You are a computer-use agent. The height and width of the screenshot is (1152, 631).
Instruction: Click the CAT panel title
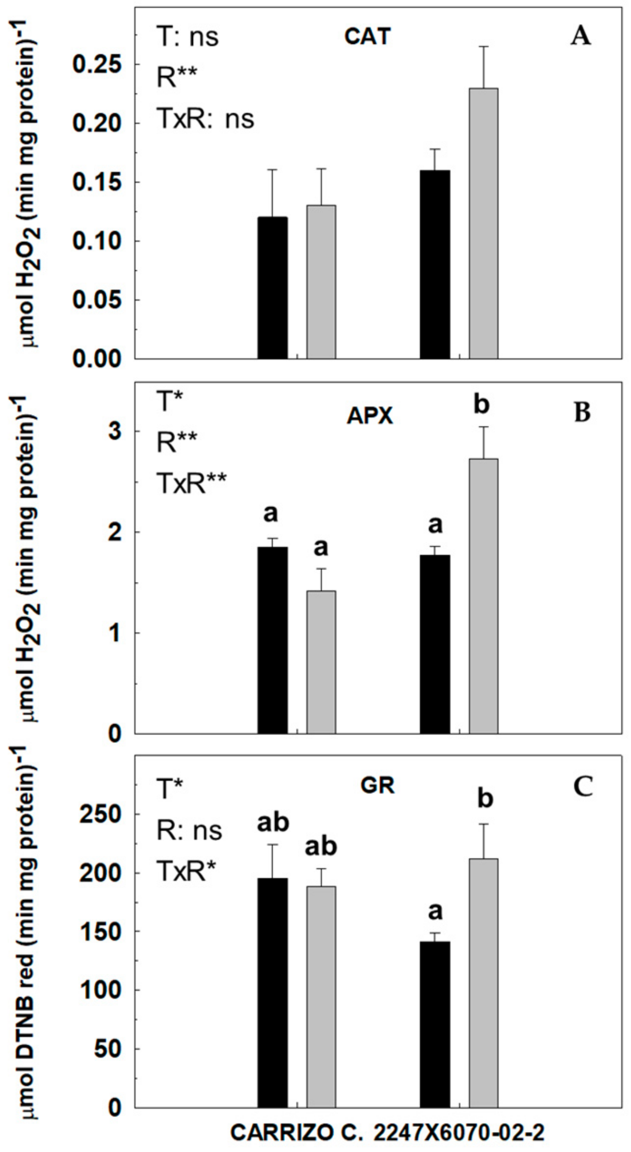click(x=367, y=36)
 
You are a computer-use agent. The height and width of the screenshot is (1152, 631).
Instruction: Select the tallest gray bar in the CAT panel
click(x=483, y=223)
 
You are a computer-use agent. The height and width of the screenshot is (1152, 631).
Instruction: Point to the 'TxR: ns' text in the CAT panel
click(x=206, y=119)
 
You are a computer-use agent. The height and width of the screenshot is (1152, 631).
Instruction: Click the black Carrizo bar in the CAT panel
click(x=273, y=288)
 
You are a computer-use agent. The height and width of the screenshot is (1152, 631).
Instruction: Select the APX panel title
click(x=370, y=416)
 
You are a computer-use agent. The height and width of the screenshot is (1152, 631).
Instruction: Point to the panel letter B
click(x=582, y=413)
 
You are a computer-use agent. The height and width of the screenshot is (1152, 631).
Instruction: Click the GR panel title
click(x=377, y=786)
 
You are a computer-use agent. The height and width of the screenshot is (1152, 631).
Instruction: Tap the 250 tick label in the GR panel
click(x=101, y=815)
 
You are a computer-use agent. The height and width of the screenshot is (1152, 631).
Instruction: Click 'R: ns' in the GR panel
click(x=189, y=830)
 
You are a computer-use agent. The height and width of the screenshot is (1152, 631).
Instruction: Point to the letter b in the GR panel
click(x=485, y=798)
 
